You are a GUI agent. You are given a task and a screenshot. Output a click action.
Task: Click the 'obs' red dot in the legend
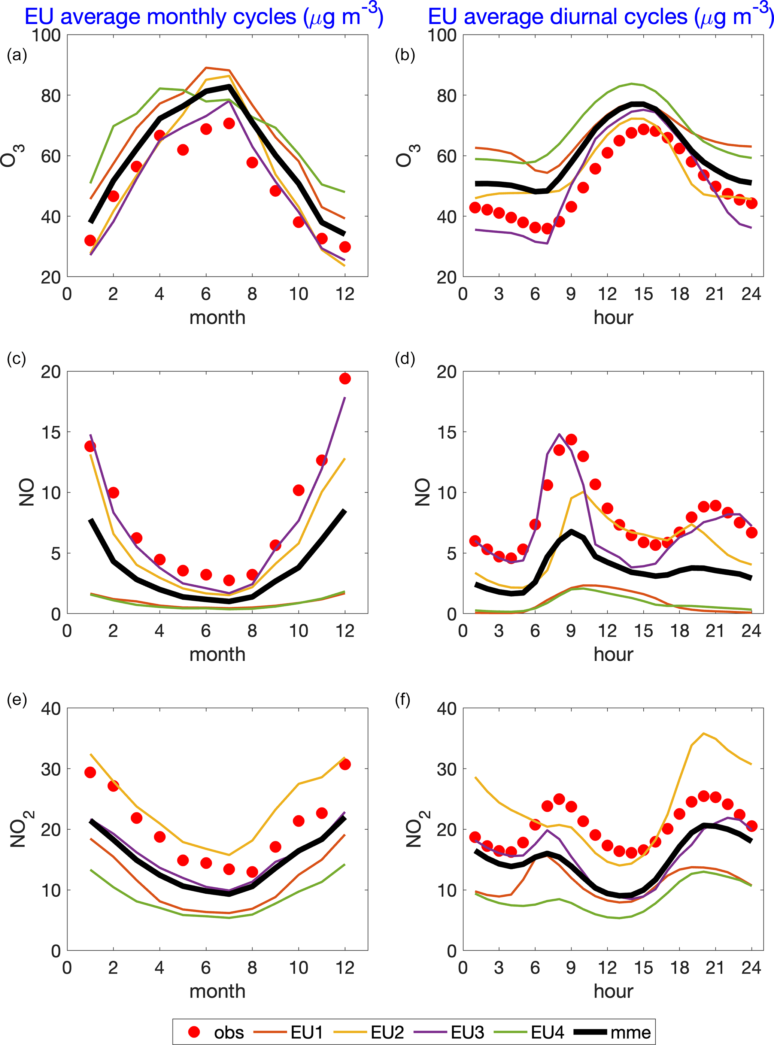point(194,1032)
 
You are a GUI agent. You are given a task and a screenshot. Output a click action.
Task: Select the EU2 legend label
point(387,1032)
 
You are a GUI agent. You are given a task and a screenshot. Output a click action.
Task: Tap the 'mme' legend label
point(631,1032)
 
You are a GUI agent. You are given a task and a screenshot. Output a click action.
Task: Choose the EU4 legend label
point(547,1032)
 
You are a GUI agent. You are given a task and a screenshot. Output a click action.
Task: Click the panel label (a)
point(17,55)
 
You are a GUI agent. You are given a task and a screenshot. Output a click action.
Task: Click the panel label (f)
point(403,700)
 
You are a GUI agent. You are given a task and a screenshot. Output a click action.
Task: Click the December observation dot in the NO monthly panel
point(345,378)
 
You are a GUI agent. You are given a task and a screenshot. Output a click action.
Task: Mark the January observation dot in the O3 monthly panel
point(90,240)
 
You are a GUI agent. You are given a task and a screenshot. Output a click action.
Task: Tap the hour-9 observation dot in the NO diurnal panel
point(571,440)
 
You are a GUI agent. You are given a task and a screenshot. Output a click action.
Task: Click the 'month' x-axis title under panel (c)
point(218,654)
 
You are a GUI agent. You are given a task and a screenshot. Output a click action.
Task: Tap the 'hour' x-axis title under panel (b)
point(613,317)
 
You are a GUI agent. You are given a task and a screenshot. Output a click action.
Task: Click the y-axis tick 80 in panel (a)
point(51,96)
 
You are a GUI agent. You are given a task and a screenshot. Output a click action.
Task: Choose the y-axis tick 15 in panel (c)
point(51,432)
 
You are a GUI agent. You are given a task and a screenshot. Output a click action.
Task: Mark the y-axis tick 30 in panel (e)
point(51,769)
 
